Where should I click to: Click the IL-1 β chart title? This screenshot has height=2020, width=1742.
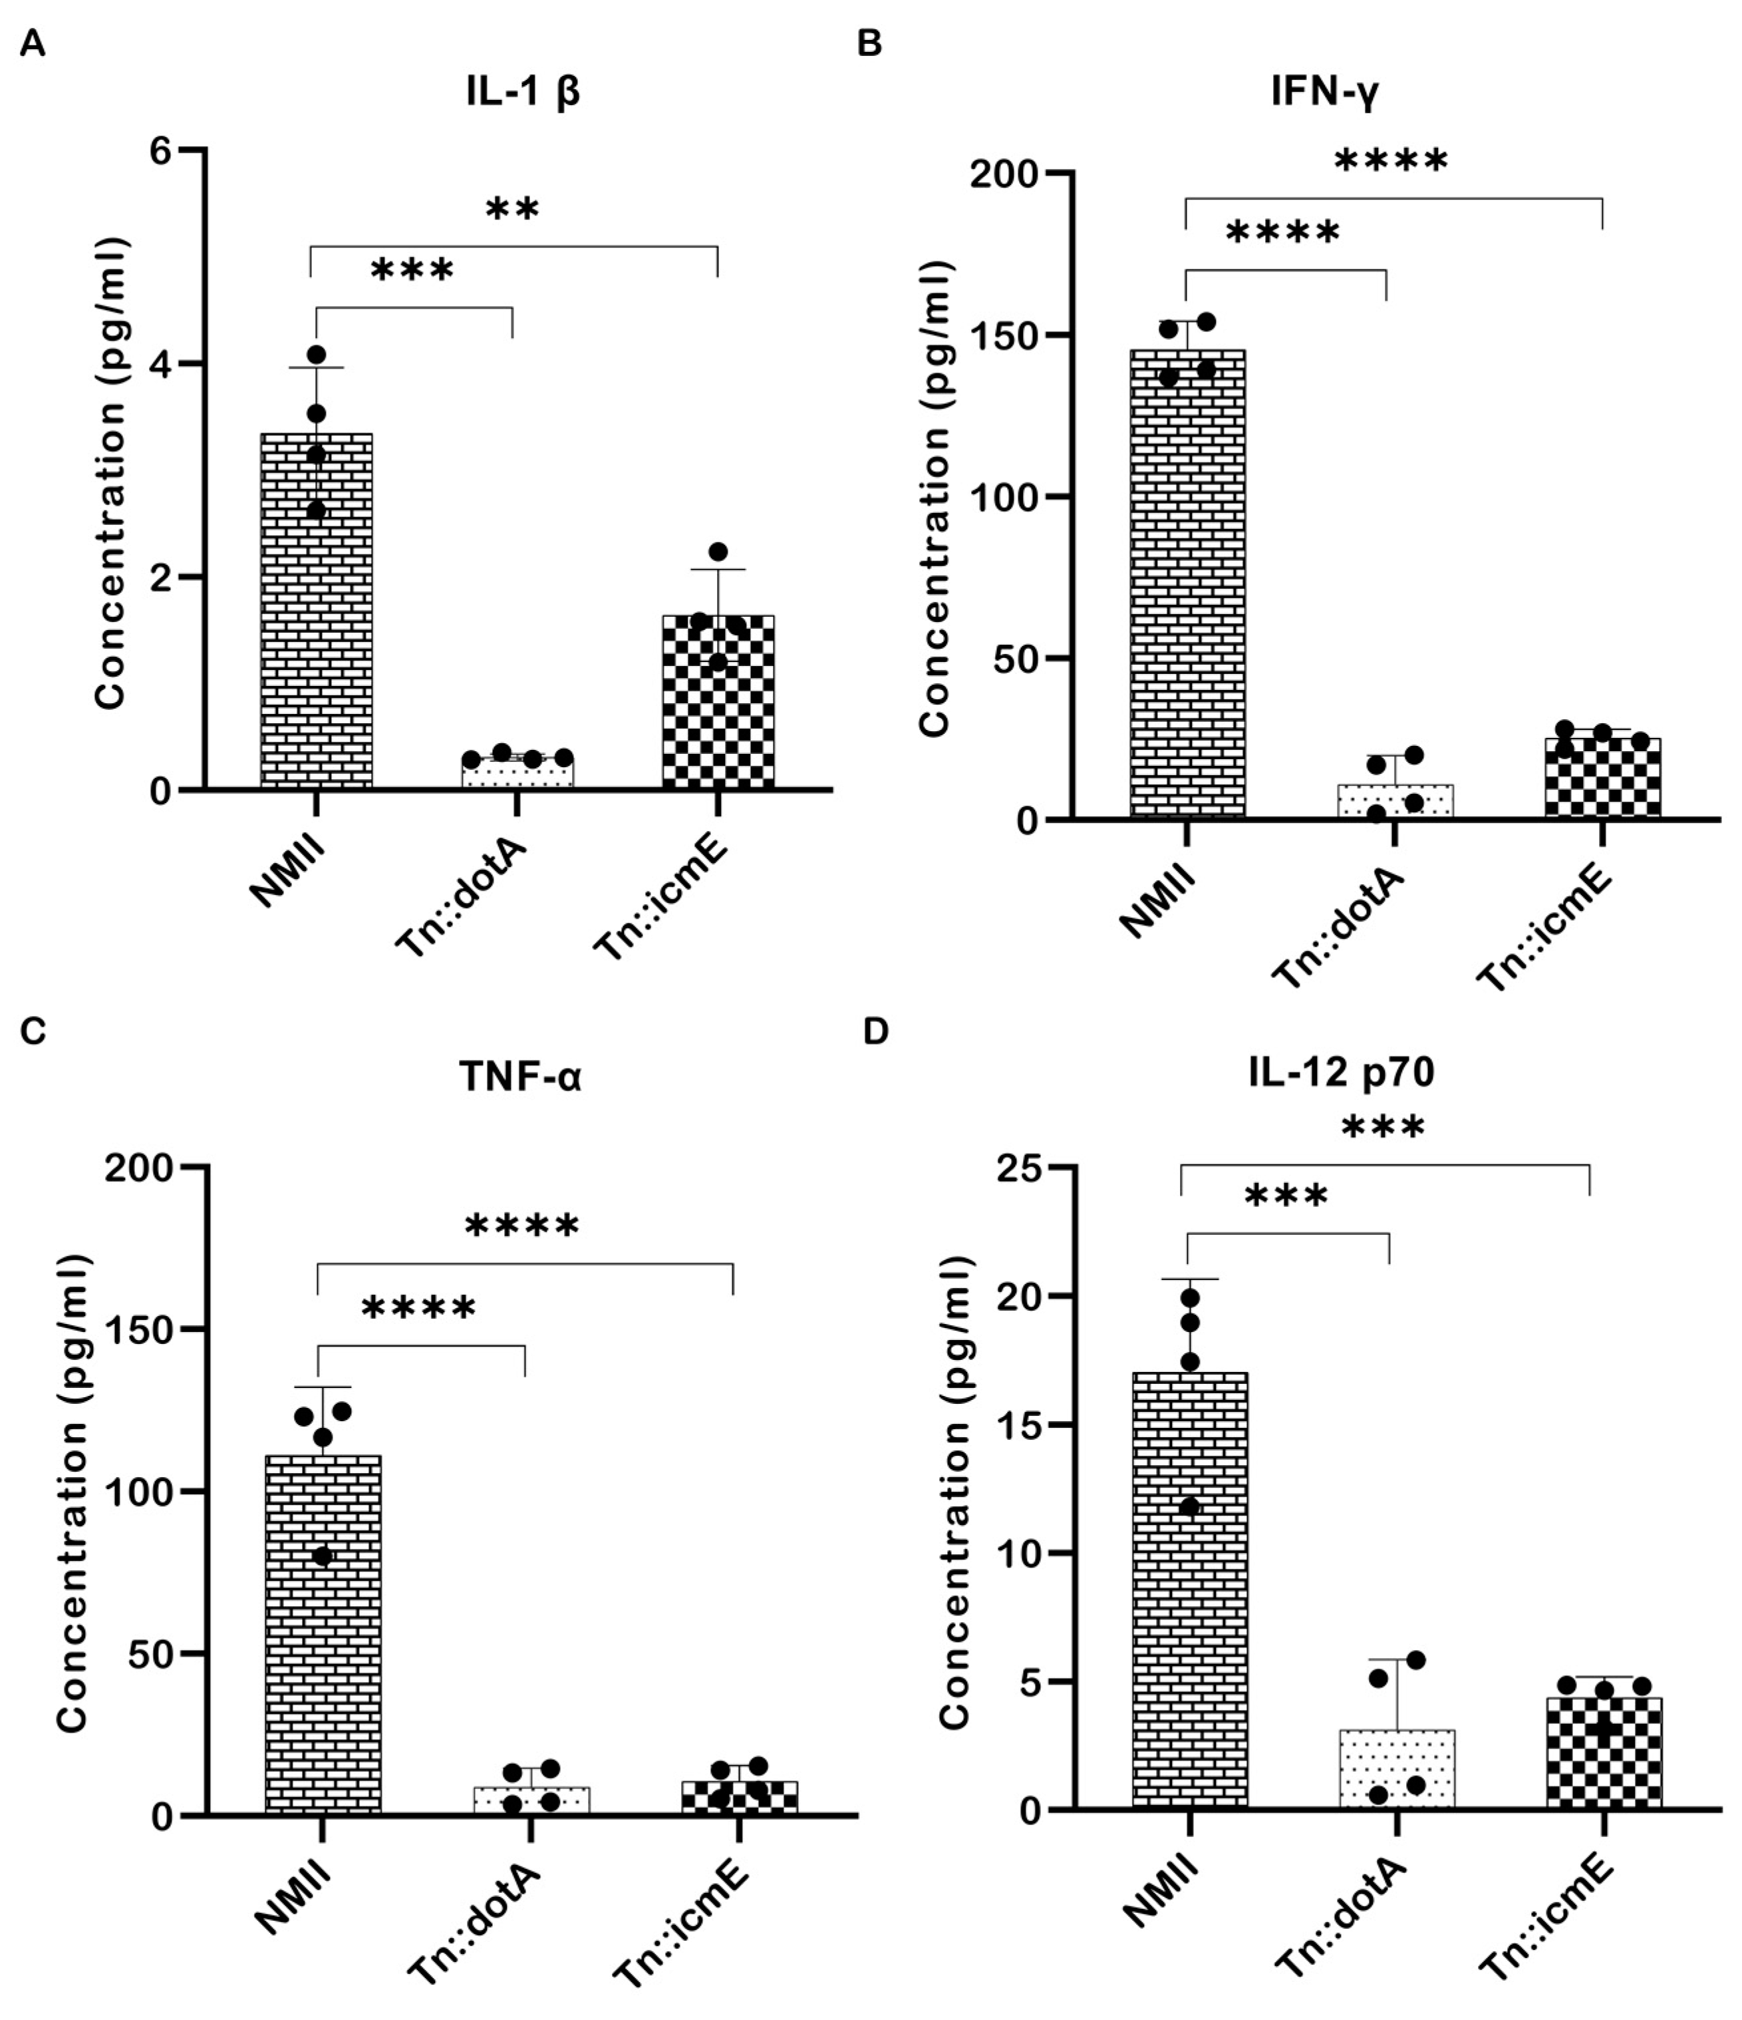[523, 94]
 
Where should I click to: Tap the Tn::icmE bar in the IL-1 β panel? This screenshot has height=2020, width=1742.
[718, 702]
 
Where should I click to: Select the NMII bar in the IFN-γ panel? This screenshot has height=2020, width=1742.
[1187, 585]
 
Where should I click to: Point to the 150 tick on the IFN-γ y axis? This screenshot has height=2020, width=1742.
[1015, 335]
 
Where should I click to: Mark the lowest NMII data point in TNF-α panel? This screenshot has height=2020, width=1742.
[323, 1556]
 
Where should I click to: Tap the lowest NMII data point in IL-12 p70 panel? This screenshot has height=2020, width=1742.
[1189, 1506]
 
